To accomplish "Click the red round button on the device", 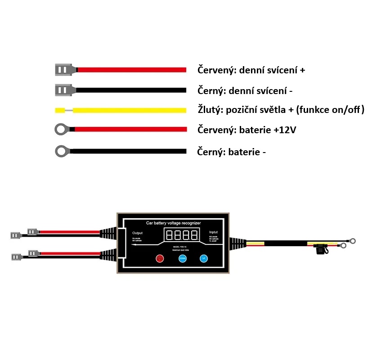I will [x=160, y=258].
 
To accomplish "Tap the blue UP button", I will [x=204, y=258].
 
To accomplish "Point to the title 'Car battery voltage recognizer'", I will [x=174, y=223].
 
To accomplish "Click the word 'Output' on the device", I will [x=137, y=233].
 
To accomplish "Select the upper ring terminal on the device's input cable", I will [x=352, y=241].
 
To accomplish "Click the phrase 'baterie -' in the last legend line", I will [x=247, y=152].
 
